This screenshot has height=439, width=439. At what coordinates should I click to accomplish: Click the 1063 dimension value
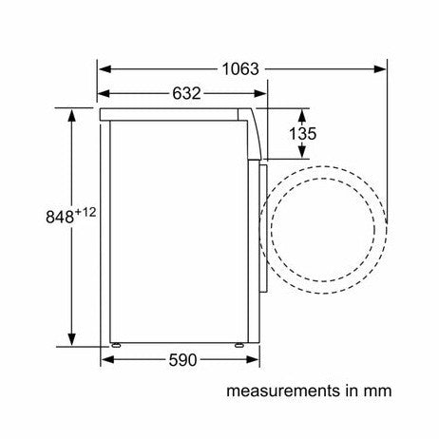pos(240,69)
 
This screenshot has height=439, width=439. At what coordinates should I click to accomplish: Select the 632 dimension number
pos(186,93)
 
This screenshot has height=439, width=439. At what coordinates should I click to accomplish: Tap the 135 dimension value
pos(302,133)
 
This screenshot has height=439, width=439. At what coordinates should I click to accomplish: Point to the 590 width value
pos(182,360)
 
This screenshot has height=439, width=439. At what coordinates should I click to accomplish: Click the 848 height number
pos(60,218)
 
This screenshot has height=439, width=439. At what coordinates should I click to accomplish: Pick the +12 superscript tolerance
pos(86,212)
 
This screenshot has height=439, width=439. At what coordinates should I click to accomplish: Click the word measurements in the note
pos(283,391)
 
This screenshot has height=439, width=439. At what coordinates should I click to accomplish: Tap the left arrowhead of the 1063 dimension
pos(105,69)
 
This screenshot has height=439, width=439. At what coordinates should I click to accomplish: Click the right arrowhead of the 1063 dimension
pos(380,69)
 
